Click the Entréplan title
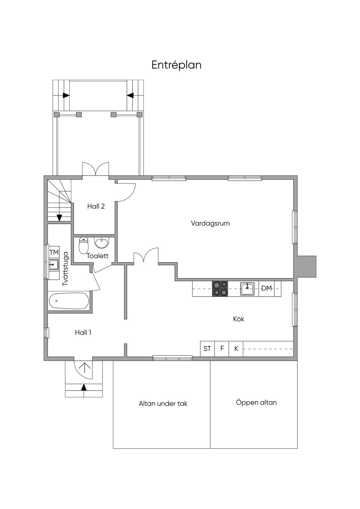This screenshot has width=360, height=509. (x=176, y=65)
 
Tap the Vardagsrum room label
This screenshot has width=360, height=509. (x=210, y=223)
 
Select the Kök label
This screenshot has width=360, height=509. (x=238, y=319)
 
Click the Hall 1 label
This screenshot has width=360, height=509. (x=83, y=333)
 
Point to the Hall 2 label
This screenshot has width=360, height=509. (x=96, y=206)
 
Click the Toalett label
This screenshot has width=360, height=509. (x=98, y=256)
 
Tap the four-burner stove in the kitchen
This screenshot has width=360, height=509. (x=220, y=289)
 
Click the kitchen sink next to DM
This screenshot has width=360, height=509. (x=247, y=289)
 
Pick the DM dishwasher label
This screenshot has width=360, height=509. (x=266, y=289)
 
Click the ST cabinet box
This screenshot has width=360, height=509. (x=207, y=349)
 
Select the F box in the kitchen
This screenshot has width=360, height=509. (x=222, y=349)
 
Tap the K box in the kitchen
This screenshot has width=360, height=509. (x=236, y=349)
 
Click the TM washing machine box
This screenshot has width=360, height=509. (x=54, y=252)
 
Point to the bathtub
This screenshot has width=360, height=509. (x=69, y=301)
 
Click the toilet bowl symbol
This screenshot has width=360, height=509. (x=83, y=246)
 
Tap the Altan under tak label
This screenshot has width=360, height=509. (x=163, y=404)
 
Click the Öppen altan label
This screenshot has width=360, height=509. (x=256, y=402)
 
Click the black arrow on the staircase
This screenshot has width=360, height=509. (x=59, y=218)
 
